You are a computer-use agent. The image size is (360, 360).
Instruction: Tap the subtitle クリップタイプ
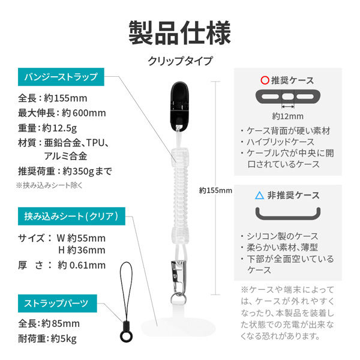click(179, 61)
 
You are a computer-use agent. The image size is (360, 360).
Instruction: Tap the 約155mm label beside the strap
click(215, 190)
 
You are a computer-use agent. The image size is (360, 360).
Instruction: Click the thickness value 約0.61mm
click(84, 265)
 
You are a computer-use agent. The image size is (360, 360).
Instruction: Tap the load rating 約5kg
click(64, 339)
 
